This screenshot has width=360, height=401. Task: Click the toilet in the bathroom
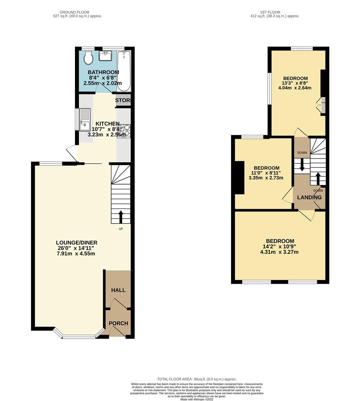(x=88, y=58)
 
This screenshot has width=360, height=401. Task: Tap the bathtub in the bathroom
(x=124, y=71)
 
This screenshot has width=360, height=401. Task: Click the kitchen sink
(x=85, y=120)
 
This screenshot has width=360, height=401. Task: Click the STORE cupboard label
(x=122, y=101)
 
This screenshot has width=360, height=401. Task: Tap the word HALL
(x=119, y=290)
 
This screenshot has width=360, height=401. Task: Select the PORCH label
(x=118, y=323)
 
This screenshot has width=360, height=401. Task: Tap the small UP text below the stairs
(x=121, y=229)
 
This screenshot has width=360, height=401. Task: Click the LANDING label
(x=309, y=198)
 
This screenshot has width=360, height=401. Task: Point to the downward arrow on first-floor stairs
(x=302, y=164)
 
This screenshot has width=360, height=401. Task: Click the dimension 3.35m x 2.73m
(x=266, y=178)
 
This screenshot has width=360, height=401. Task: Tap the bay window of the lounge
(x=78, y=336)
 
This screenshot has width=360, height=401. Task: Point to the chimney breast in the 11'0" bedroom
(x=239, y=178)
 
